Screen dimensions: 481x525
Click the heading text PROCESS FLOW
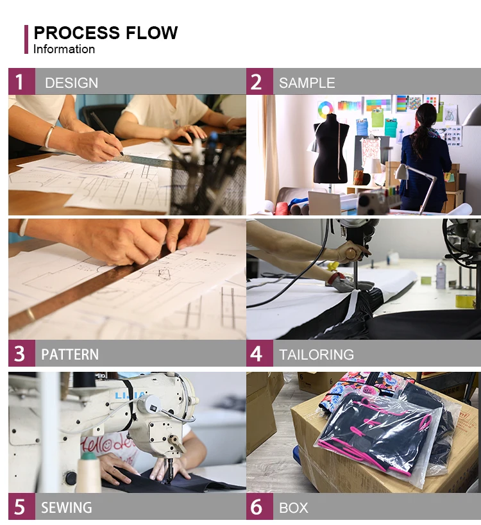(106, 33)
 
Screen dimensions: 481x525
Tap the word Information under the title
(64, 49)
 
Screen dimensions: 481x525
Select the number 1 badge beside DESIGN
(21, 81)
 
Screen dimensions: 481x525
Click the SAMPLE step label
(307, 83)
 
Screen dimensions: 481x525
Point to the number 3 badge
(21, 353)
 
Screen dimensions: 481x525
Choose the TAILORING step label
(317, 354)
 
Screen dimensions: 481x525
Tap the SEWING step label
(66, 508)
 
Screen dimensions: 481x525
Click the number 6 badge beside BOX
(260, 506)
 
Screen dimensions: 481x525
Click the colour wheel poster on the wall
(324, 108)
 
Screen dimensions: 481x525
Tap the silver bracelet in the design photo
(49, 137)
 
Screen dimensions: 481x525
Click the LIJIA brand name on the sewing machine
(131, 396)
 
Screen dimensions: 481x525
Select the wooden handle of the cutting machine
(351, 253)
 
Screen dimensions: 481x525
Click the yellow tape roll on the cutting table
(465, 301)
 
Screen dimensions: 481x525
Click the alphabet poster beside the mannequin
(371, 152)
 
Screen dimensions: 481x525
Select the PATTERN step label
(70, 354)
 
